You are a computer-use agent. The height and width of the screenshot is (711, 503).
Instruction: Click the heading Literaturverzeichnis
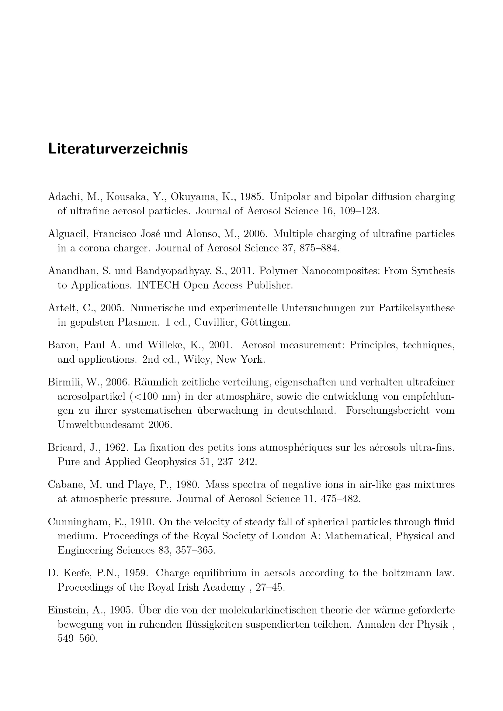click(x=118, y=149)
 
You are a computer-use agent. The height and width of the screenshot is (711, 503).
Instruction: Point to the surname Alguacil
click(x=68, y=234)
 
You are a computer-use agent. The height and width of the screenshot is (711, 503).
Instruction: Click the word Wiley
click(x=197, y=360)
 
